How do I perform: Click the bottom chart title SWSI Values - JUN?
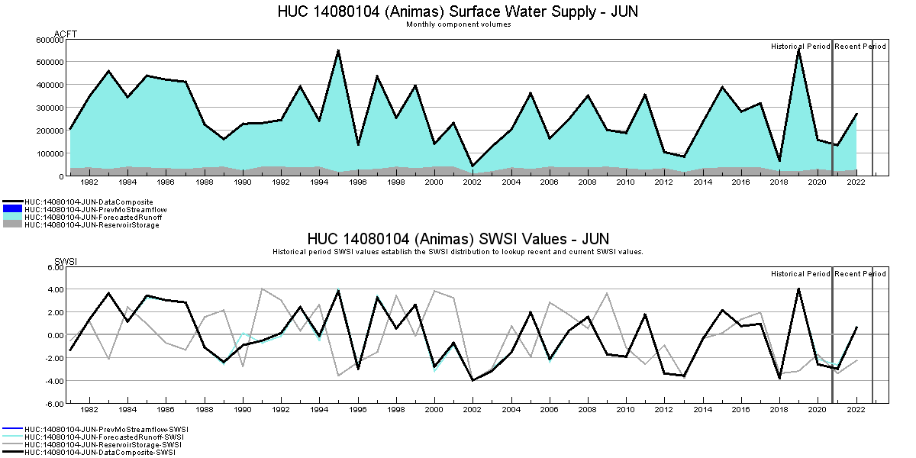point(457,239)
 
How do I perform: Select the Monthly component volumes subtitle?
point(458,24)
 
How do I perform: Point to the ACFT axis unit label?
point(66,34)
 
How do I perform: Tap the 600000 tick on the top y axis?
point(50,39)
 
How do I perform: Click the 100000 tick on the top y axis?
point(50,153)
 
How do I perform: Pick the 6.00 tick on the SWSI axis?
point(54,267)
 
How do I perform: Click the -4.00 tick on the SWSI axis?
point(53,381)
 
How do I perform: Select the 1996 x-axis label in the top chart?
point(357,183)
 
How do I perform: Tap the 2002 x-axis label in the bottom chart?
point(473,411)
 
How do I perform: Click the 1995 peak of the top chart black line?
point(338,50)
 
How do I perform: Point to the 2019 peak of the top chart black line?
point(798,50)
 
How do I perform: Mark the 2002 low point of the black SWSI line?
point(473,380)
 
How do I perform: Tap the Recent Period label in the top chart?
point(860,47)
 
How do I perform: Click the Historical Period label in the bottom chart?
point(800,274)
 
